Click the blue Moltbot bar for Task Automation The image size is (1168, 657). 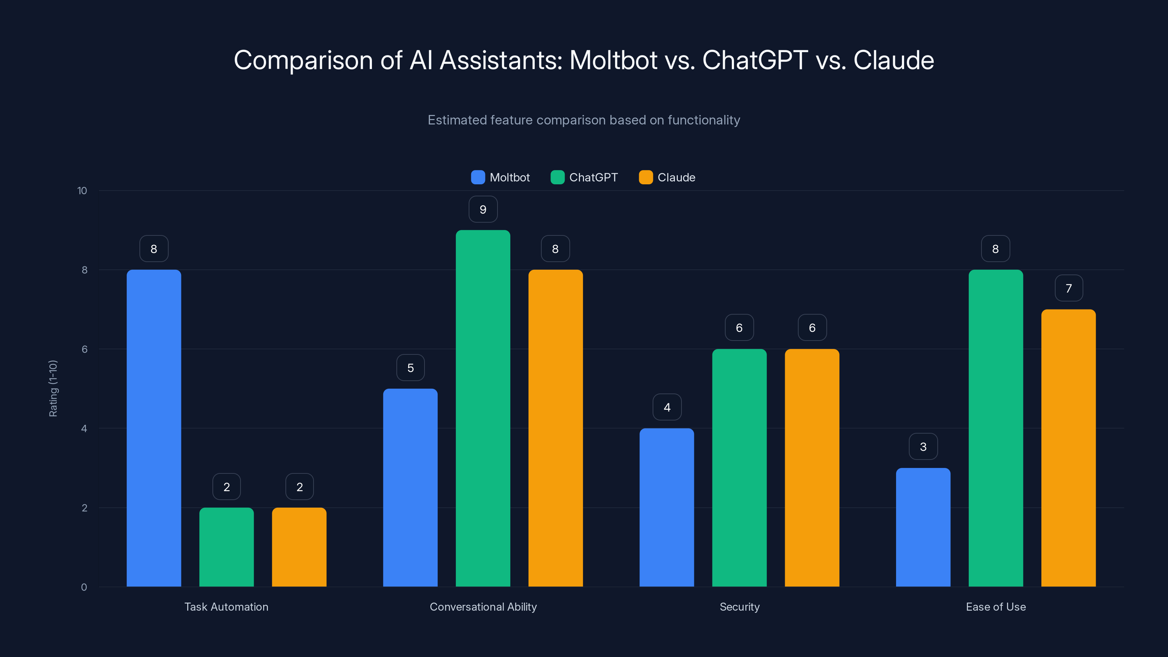click(154, 428)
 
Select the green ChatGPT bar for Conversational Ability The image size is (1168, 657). click(483, 408)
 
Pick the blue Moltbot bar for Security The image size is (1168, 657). click(666, 507)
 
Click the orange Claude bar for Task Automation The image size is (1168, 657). click(299, 547)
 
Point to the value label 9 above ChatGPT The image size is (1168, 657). click(483, 210)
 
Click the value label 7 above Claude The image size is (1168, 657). click(1069, 288)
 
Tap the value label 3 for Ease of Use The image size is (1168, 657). click(923, 447)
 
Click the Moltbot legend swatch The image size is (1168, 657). click(478, 177)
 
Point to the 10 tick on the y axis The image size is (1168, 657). click(82, 191)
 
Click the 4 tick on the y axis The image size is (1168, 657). click(84, 429)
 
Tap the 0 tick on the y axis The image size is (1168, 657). click(84, 587)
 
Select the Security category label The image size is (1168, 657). click(739, 607)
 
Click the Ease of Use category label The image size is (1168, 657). click(996, 607)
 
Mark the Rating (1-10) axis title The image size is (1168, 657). click(53, 389)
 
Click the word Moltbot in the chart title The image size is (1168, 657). click(613, 60)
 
